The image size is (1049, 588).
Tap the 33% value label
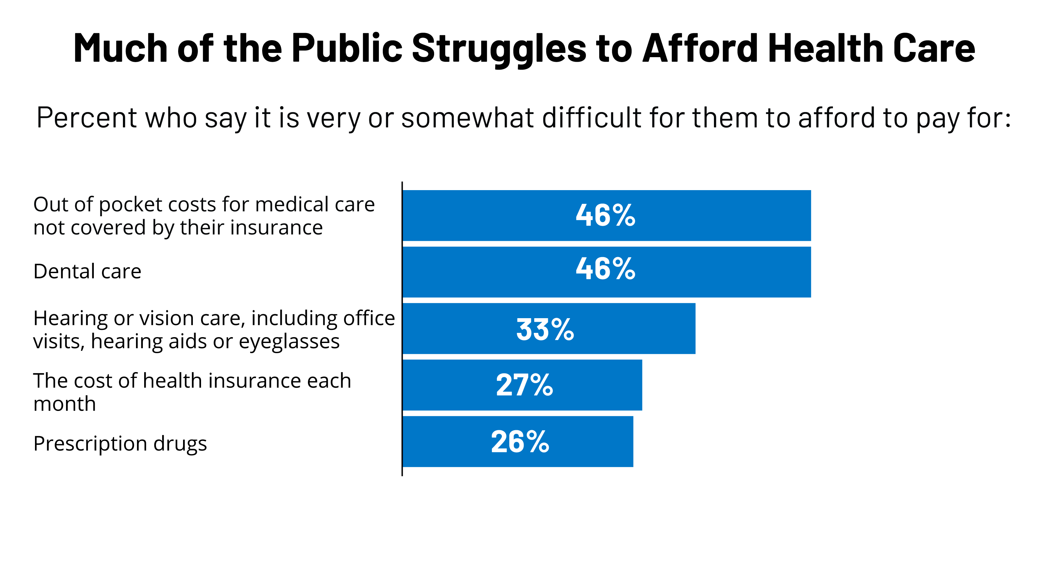click(x=545, y=329)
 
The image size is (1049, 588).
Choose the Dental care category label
click(x=87, y=271)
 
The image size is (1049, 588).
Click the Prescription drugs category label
click(x=120, y=444)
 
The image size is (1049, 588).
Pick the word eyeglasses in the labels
click(x=289, y=341)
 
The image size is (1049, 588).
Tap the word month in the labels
click(x=64, y=404)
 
